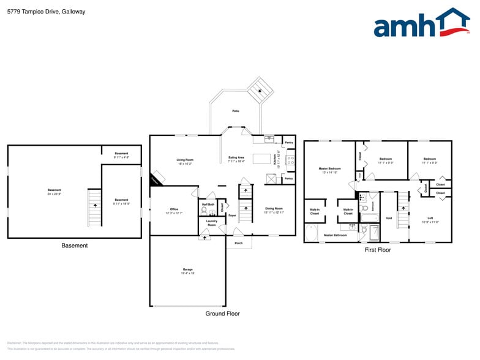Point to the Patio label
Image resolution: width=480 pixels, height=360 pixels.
pyautogui.click(x=236, y=111)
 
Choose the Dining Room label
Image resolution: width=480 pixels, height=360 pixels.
pyautogui.click(x=274, y=210)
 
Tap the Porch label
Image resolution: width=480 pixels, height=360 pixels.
pyautogui.click(x=238, y=243)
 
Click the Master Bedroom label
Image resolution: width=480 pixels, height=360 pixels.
pyautogui.click(x=329, y=170)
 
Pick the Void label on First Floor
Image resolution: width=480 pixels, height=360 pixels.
pyautogui.click(x=389, y=218)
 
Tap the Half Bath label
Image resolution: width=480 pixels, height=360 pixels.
pyautogui.click(x=208, y=204)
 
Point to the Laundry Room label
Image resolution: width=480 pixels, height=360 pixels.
pyautogui.click(x=211, y=223)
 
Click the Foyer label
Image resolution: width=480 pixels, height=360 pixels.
pyautogui.click(x=232, y=216)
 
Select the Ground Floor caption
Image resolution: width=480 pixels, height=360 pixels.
pyautogui.click(x=222, y=313)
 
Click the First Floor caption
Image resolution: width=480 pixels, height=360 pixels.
pyautogui.click(x=378, y=250)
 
